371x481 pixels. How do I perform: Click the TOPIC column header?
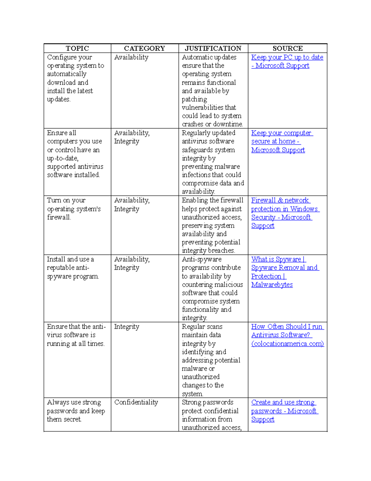[x=77, y=48]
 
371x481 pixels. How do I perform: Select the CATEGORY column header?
[x=144, y=48]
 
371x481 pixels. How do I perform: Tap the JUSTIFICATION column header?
[x=213, y=48]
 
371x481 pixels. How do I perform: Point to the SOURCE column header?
[x=288, y=48]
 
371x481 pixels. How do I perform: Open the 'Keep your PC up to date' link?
[x=287, y=57]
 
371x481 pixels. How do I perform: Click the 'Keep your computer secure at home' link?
[x=281, y=133]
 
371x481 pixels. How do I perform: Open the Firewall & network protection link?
[x=280, y=200]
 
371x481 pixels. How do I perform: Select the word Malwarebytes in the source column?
[x=272, y=285]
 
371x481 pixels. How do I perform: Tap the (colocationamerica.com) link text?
[x=288, y=344]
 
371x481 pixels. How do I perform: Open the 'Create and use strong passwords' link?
[x=283, y=402]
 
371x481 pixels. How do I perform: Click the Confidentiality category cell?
[x=136, y=402]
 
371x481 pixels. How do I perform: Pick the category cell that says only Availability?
[x=131, y=57]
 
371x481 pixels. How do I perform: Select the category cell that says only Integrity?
[x=126, y=327]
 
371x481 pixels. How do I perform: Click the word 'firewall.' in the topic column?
[x=59, y=217]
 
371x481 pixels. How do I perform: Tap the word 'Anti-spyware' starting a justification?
[x=202, y=259]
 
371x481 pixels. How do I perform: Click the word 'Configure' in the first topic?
[x=62, y=57]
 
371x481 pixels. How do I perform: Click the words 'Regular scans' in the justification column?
[x=202, y=327]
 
